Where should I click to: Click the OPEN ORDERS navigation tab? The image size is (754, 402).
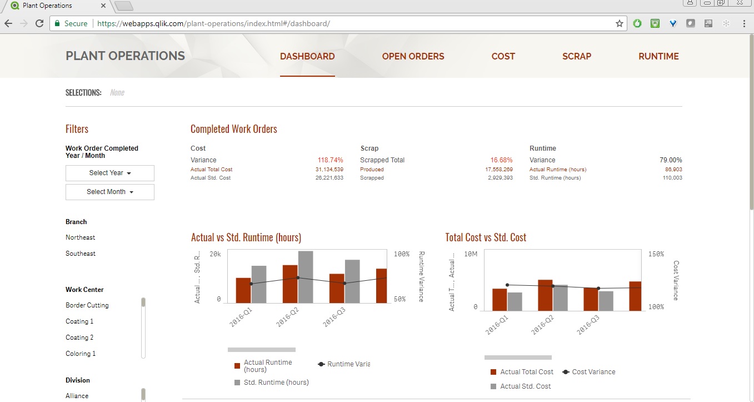(x=413, y=56)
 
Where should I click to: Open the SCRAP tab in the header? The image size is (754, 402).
(x=576, y=56)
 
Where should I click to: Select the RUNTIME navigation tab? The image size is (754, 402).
(x=658, y=56)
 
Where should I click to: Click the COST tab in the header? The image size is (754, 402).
(x=503, y=56)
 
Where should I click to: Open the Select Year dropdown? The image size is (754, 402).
(x=110, y=173)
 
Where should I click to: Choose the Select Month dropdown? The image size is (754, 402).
(x=110, y=192)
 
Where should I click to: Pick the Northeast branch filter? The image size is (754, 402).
(x=81, y=237)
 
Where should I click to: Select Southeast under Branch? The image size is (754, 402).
(x=81, y=254)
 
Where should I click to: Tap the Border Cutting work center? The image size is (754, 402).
(x=87, y=305)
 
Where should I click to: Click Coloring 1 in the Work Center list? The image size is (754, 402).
(x=81, y=354)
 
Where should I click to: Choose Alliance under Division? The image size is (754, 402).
(x=77, y=396)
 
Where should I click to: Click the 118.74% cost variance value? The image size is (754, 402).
(x=330, y=160)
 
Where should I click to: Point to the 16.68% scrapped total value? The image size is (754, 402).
(x=501, y=160)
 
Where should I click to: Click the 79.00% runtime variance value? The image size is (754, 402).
(x=671, y=160)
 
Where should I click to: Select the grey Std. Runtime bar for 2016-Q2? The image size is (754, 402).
(x=306, y=277)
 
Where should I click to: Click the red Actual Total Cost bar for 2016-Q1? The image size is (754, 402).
(x=500, y=300)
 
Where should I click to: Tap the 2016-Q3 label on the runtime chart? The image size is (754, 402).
(x=333, y=317)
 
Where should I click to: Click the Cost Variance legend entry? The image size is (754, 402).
(x=593, y=372)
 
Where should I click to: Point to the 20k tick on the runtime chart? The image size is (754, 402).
(x=215, y=254)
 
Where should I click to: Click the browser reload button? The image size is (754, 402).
(x=39, y=23)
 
